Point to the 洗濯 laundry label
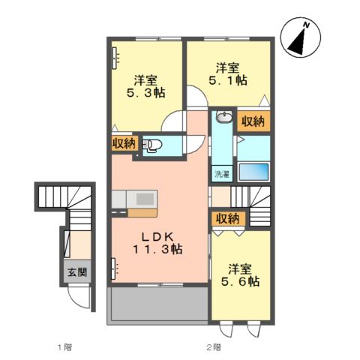(x=222, y=174)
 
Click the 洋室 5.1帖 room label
(x=226, y=72)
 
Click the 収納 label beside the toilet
(x=124, y=143)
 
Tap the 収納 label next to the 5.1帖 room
(x=253, y=121)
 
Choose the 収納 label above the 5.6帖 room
(x=227, y=218)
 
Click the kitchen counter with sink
(x=136, y=200)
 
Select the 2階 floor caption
(x=214, y=347)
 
